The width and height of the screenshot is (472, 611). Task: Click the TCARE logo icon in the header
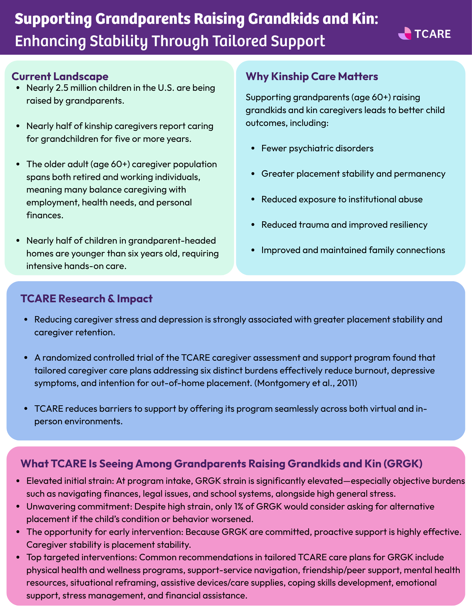(405, 34)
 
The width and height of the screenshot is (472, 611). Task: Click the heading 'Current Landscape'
(60, 76)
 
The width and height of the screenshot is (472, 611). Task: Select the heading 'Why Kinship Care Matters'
(312, 76)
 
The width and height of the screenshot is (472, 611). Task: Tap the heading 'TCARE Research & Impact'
(86, 298)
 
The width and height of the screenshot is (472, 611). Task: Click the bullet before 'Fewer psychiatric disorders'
(252, 149)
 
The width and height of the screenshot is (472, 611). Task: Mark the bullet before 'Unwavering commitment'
(19, 506)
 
